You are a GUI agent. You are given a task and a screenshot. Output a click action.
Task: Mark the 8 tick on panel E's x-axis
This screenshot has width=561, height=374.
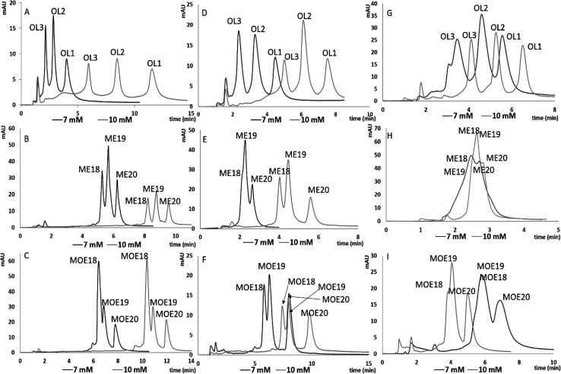coord(357,237)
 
